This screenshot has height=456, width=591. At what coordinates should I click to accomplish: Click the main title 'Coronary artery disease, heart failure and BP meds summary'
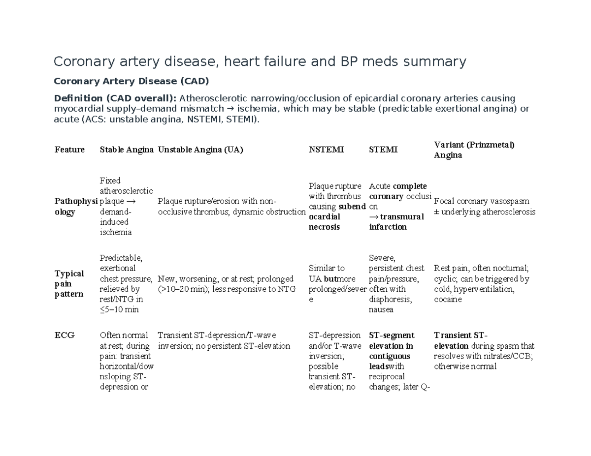[x=260, y=61]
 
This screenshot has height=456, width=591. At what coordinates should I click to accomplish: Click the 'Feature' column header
[x=69, y=150]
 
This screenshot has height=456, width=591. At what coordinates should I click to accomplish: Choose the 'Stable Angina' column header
[x=127, y=150]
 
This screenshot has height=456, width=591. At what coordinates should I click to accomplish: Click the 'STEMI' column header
[x=383, y=150]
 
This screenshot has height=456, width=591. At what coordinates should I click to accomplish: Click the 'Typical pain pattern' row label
[x=69, y=283]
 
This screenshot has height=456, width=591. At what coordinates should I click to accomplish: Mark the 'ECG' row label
[x=65, y=335]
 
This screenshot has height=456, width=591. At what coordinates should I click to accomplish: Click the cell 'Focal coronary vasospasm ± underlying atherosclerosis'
[x=484, y=207]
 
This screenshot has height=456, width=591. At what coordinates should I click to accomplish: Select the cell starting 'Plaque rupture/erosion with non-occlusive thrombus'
[x=231, y=207]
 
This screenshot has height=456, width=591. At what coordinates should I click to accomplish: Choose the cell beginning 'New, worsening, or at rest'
[x=226, y=284]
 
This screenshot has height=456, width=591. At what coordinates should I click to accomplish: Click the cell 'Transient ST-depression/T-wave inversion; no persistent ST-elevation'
[x=224, y=340]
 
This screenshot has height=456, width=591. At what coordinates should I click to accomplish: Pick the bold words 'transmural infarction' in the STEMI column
[x=392, y=222]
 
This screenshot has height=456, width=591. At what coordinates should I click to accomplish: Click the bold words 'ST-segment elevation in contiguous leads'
[x=391, y=351]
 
